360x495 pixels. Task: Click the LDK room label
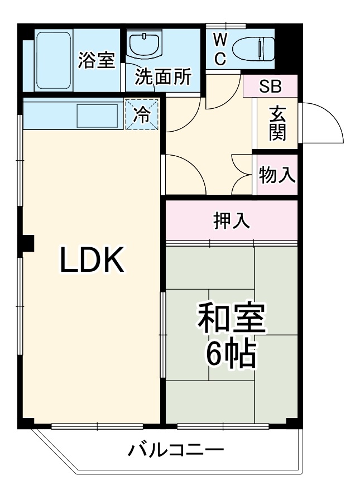click(92, 260)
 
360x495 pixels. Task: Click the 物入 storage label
click(277, 175)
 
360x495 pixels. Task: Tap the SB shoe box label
click(271, 86)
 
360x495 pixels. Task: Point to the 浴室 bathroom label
click(96, 60)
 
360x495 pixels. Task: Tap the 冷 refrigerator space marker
click(142, 115)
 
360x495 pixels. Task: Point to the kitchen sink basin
click(97, 116)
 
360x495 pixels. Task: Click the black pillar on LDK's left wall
click(26, 244)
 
